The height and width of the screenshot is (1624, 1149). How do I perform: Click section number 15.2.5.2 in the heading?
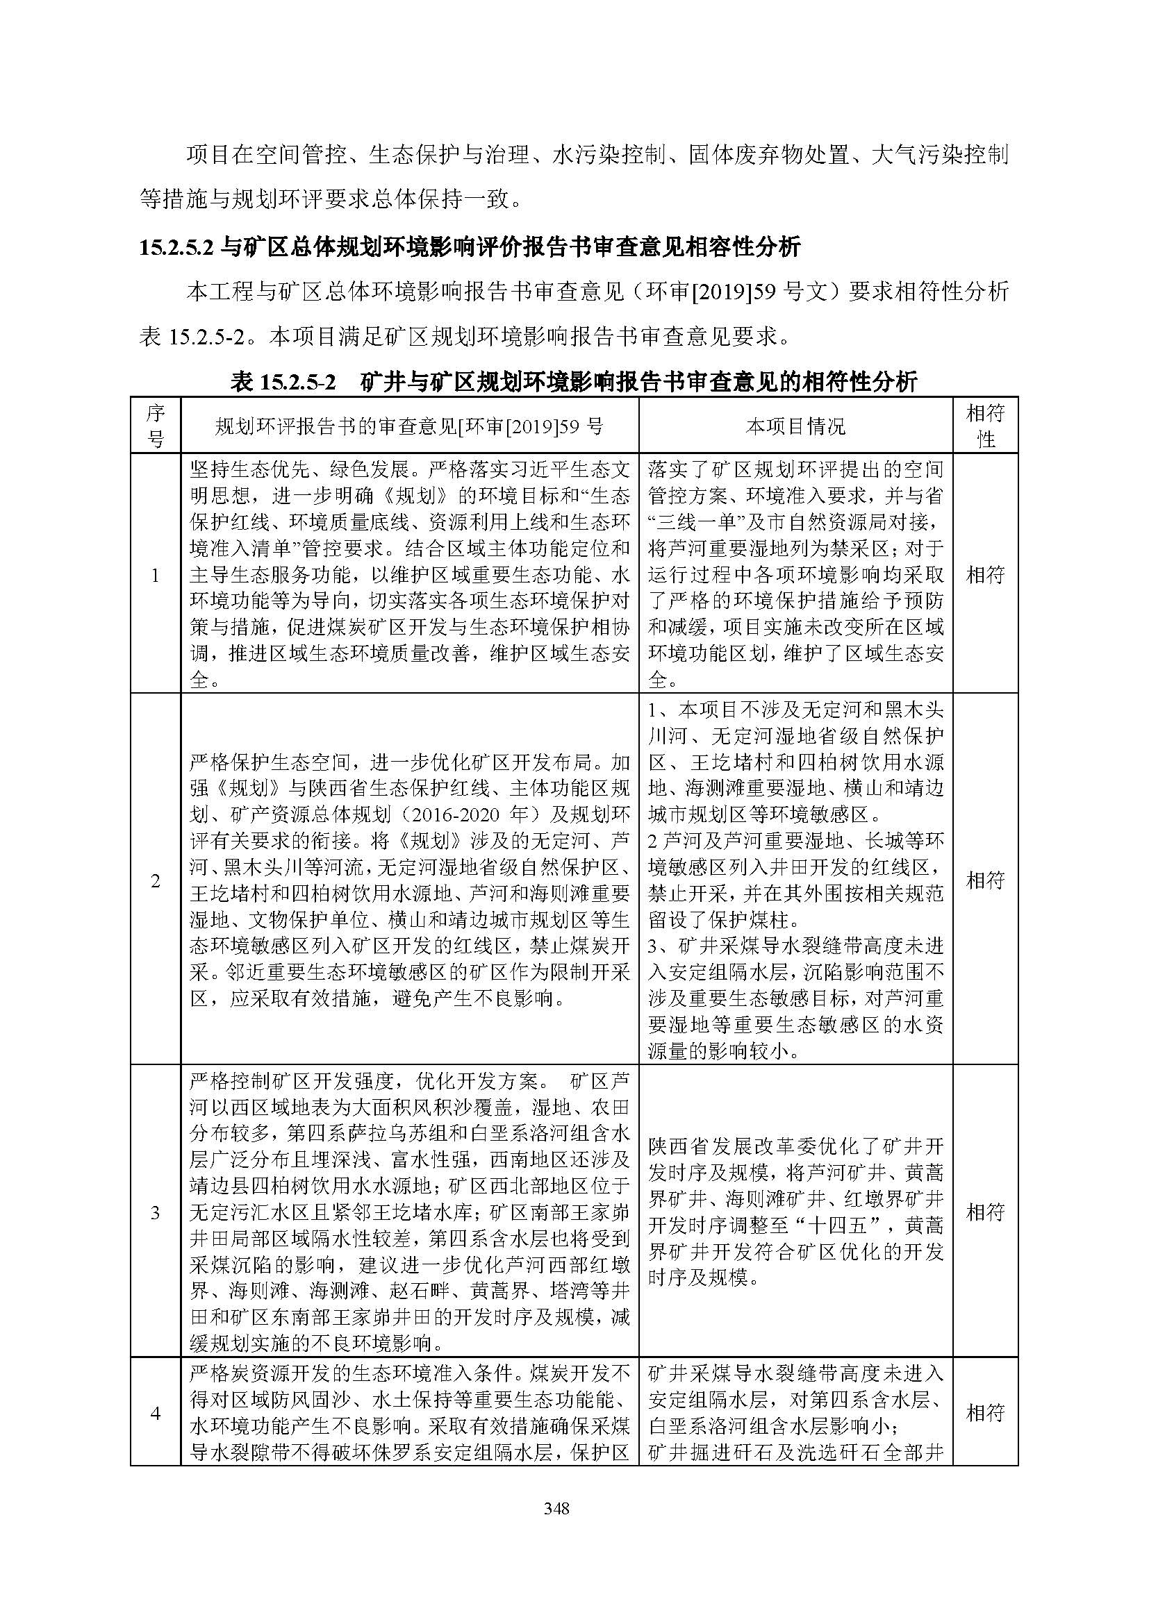[x=176, y=247]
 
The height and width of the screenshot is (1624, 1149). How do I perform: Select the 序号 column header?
[x=155, y=425]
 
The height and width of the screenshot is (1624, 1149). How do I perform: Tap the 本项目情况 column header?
[x=795, y=426]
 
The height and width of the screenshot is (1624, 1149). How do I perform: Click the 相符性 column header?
[x=985, y=425]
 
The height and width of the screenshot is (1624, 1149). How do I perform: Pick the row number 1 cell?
[x=155, y=575]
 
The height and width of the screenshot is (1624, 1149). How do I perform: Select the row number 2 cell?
[x=155, y=880]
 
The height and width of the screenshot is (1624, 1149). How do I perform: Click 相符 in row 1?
[x=985, y=574]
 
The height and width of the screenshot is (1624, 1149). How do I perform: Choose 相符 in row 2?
[x=985, y=880]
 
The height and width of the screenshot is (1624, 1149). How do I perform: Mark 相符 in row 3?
[x=985, y=1212]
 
